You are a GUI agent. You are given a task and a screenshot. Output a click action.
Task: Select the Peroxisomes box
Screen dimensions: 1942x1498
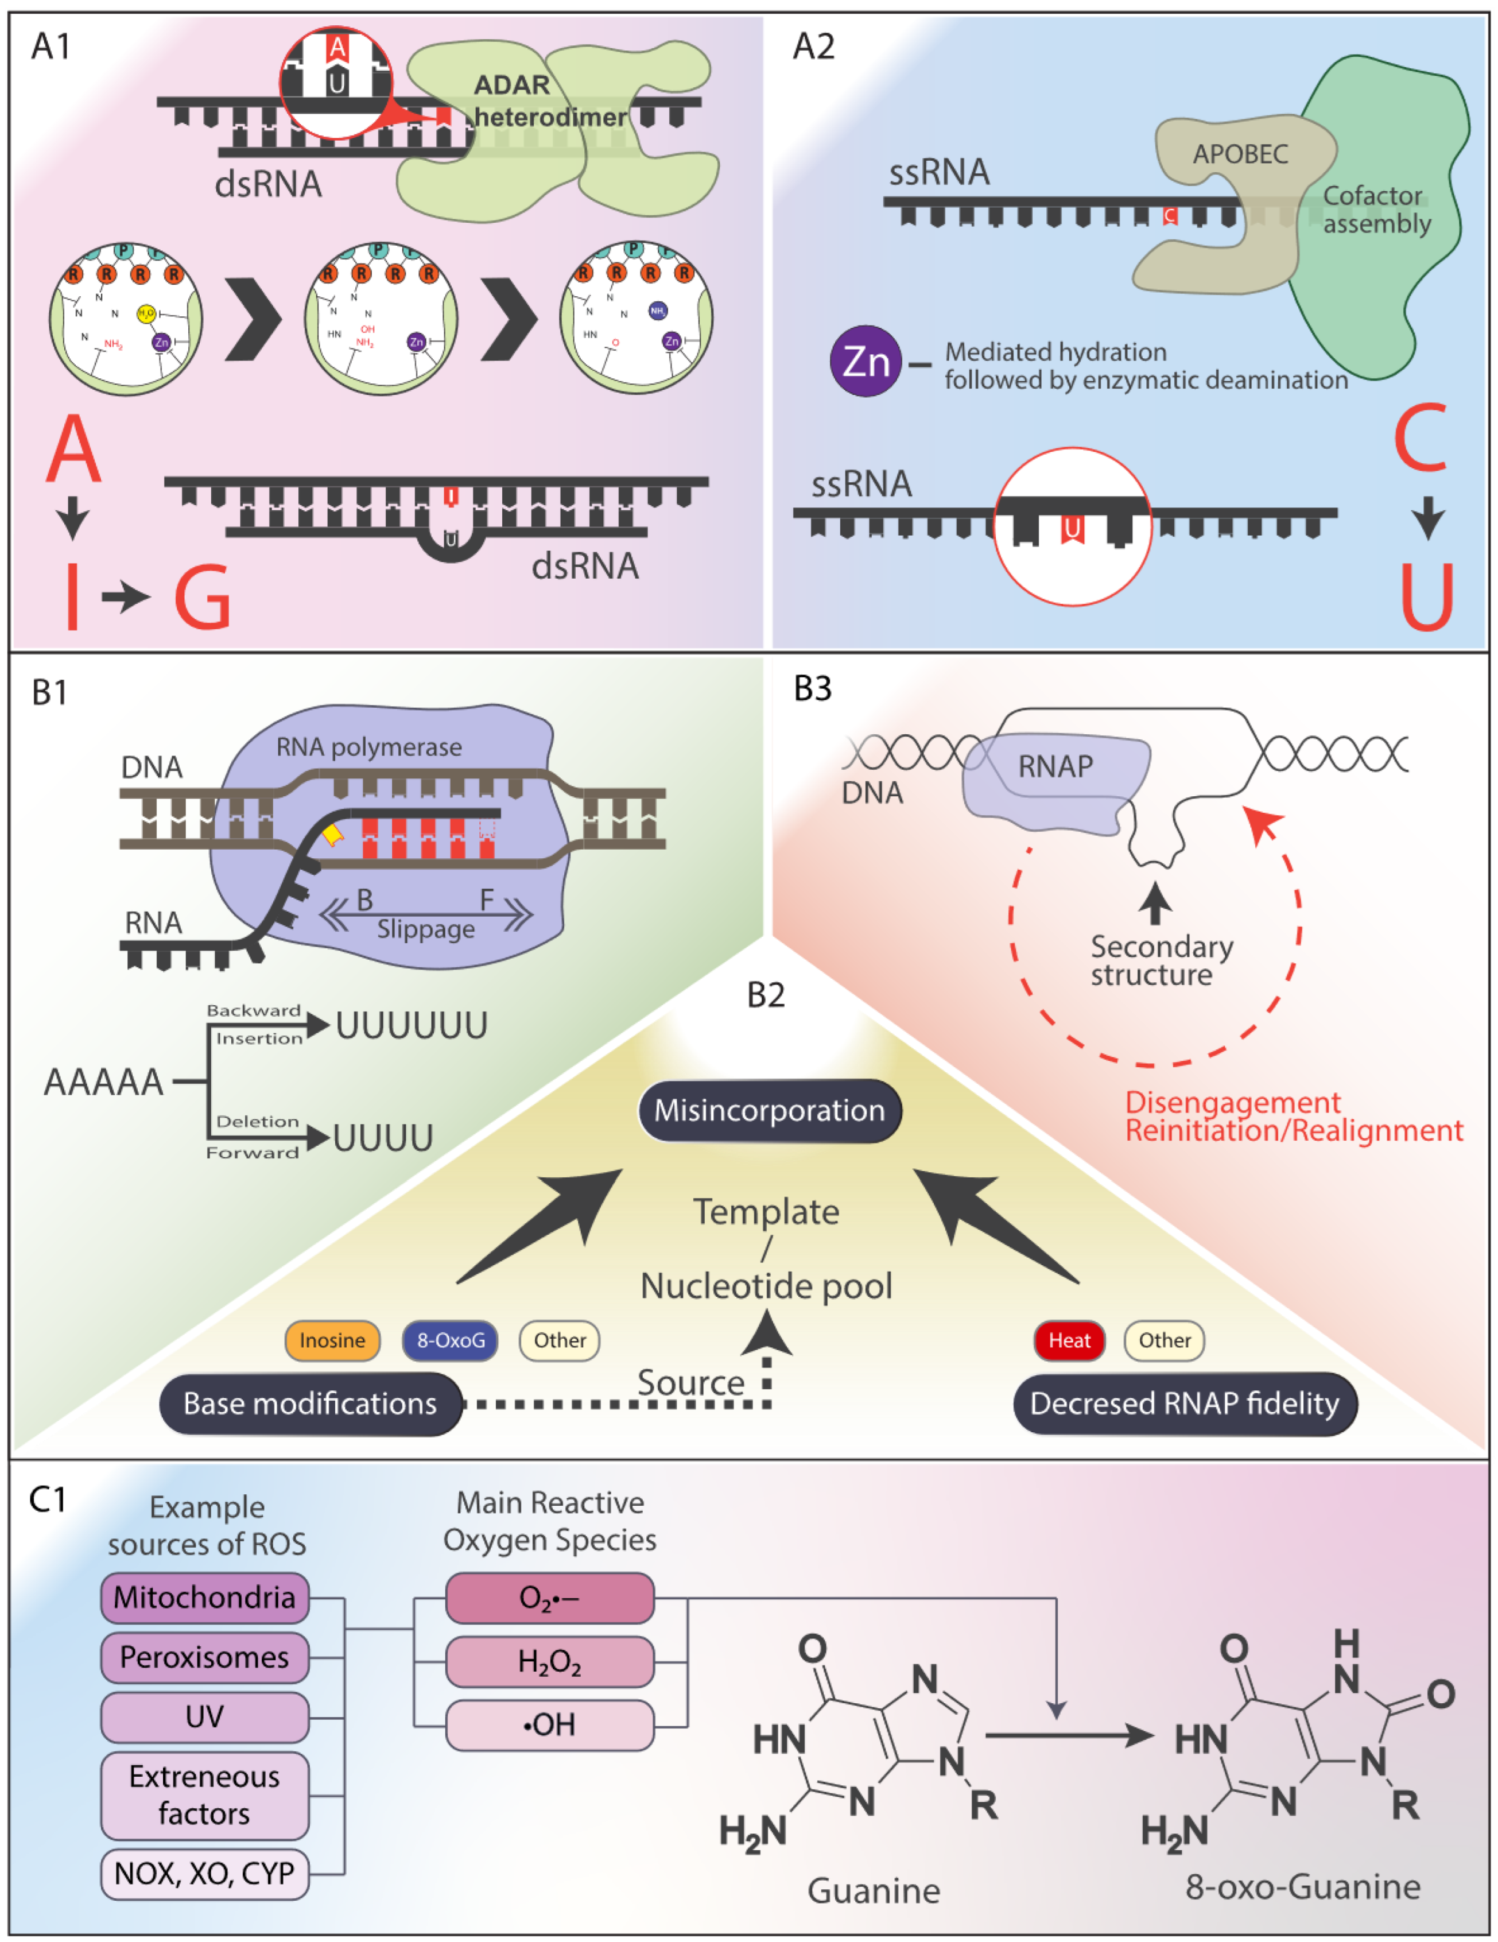click(204, 1657)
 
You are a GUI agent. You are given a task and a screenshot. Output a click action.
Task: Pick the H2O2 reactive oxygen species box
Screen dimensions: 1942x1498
click(549, 1661)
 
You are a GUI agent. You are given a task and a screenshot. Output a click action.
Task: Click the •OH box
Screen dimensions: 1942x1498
click(549, 1725)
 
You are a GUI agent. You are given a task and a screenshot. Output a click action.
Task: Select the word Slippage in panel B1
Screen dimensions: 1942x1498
click(426, 929)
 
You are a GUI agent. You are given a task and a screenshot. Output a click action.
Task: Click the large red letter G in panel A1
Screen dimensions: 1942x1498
click(203, 598)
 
